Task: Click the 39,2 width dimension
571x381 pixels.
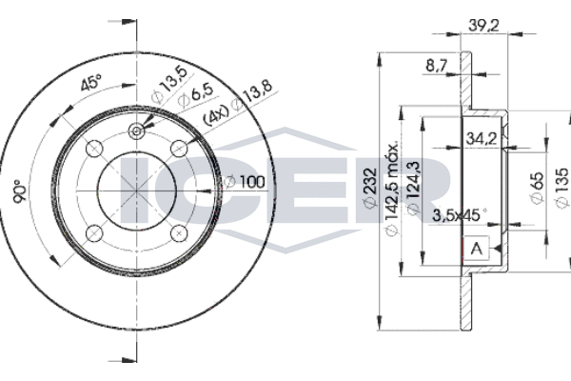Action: [483, 25]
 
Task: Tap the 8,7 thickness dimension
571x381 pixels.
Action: [436, 66]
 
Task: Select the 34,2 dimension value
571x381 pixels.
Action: [482, 138]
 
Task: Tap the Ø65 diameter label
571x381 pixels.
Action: [537, 187]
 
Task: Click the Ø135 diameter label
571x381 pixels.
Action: [561, 188]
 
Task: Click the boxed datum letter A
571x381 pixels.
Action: [477, 249]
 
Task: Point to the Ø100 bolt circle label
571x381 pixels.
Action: [245, 182]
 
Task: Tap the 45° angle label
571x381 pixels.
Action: [91, 83]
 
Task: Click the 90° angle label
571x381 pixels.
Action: [20, 191]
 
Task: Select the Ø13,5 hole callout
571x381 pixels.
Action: [169, 85]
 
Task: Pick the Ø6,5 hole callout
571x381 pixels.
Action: [195, 94]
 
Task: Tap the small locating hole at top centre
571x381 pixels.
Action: [136, 130]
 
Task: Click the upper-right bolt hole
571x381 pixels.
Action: [179, 149]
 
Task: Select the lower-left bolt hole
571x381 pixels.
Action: [94, 233]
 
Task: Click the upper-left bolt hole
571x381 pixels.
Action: [94, 149]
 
